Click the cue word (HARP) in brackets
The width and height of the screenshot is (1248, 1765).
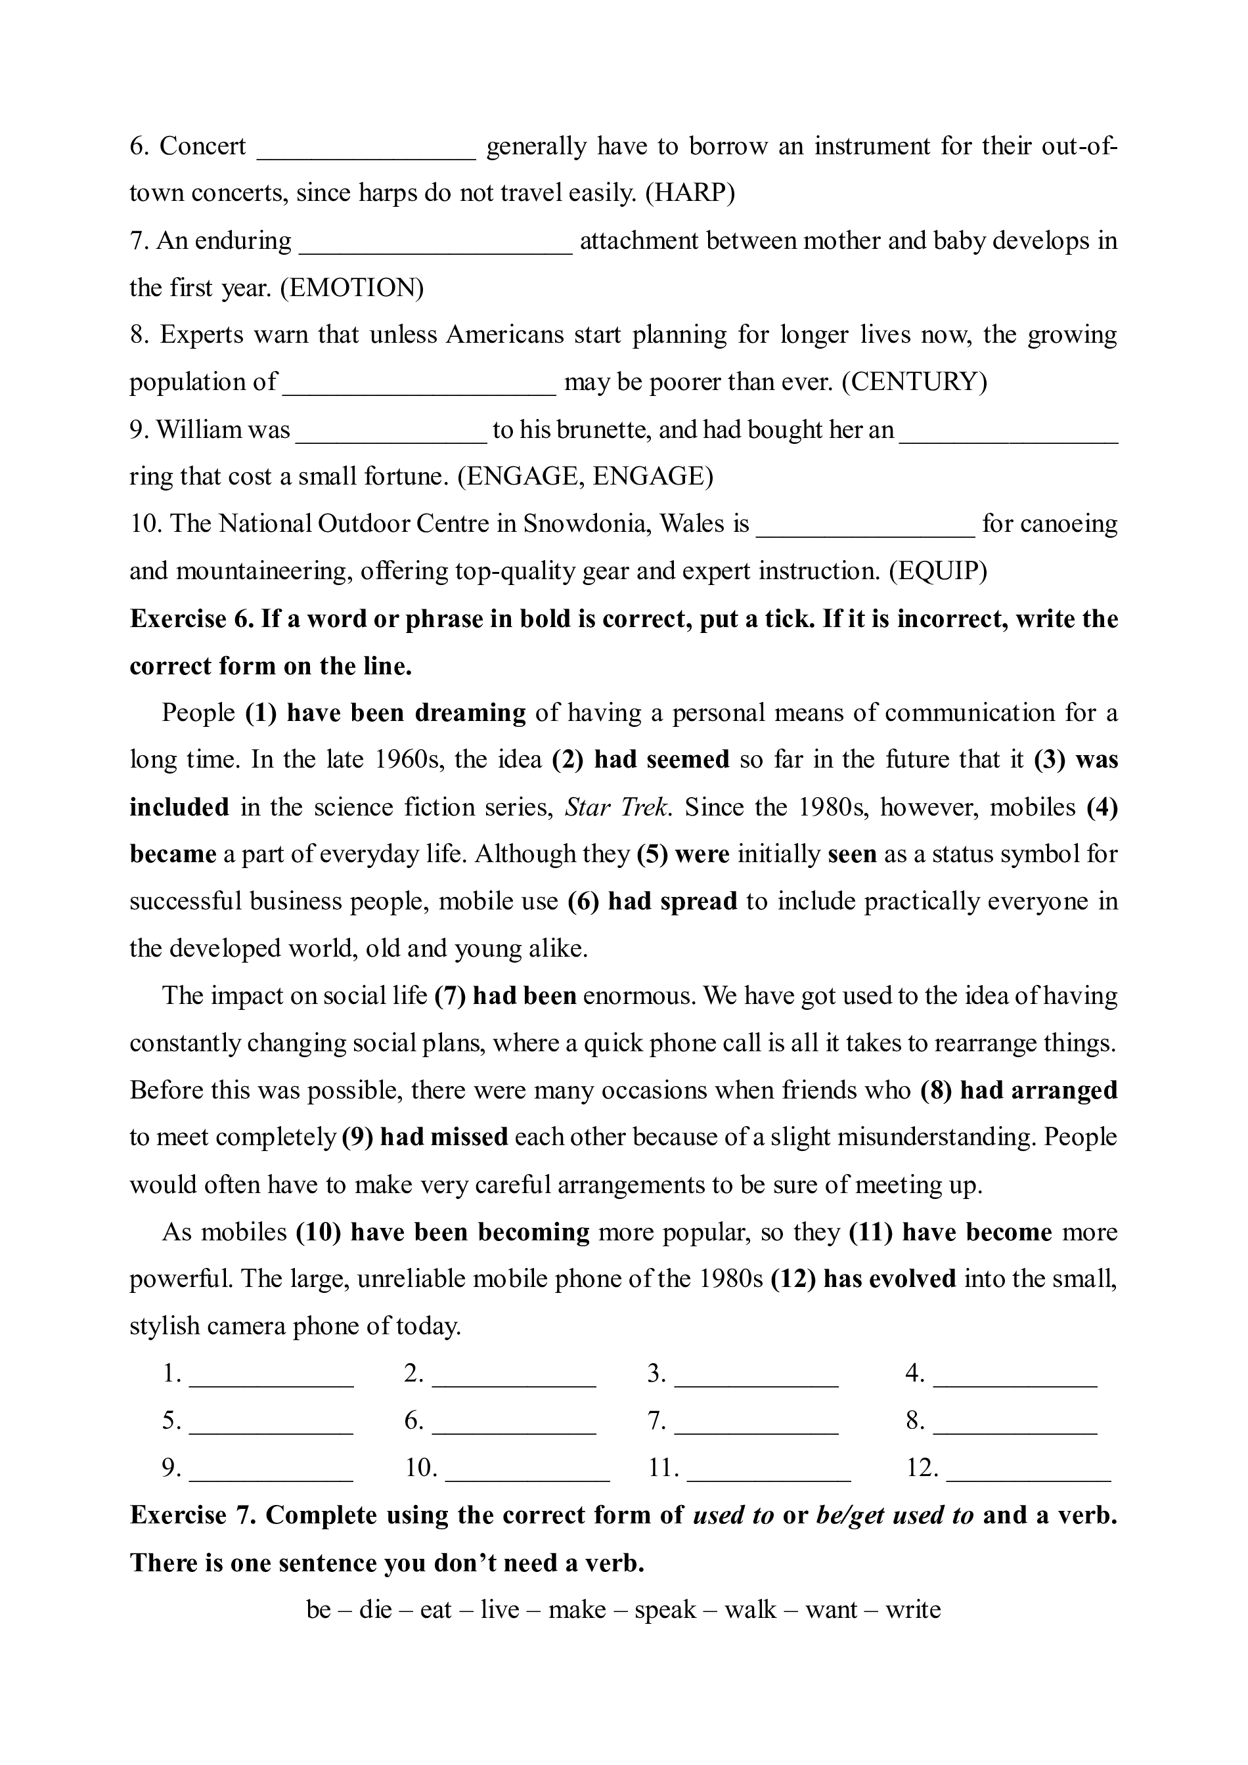[x=690, y=192]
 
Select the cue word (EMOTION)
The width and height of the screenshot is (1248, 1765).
[x=351, y=288]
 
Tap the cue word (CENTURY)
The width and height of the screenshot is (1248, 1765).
[x=914, y=381]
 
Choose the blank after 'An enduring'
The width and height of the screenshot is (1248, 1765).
[x=435, y=242]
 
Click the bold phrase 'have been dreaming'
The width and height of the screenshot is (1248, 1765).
[x=406, y=712]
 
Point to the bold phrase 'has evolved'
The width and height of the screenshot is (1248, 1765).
[x=889, y=1278]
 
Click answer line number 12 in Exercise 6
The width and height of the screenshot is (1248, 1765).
[x=1028, y=1469]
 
